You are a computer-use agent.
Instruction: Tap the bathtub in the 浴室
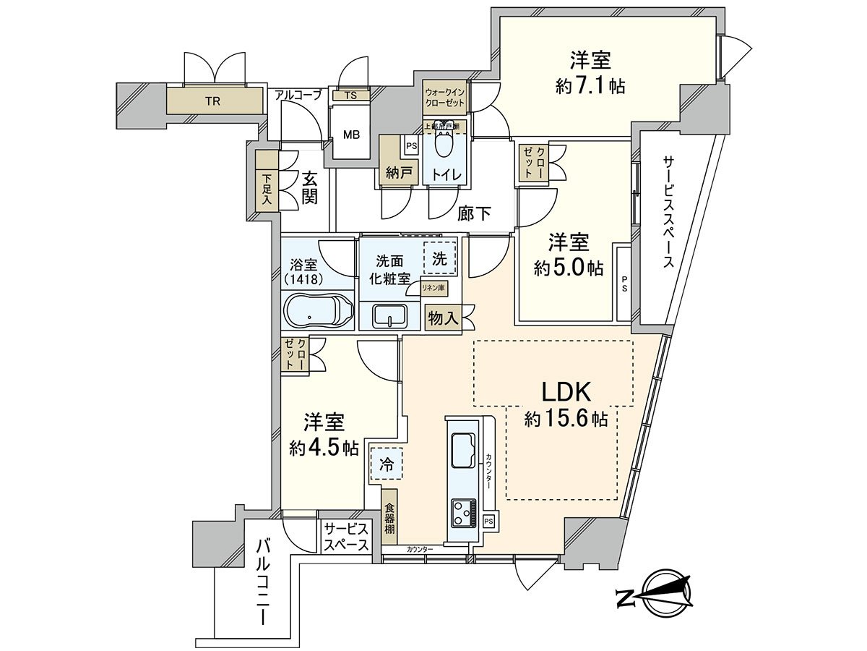[317, 312]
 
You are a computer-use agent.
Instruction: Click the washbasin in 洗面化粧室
[389, 316]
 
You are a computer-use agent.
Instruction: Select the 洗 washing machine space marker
[440, 258]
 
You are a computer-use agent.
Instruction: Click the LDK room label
[567, 393]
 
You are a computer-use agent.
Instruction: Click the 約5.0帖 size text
[568, 268]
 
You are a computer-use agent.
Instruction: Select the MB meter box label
[351, 135]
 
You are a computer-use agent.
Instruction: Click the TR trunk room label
[212, 101]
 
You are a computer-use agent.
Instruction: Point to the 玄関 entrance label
[309, 187]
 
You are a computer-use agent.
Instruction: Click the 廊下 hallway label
[475, 213]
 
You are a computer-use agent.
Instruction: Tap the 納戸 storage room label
[394, 174]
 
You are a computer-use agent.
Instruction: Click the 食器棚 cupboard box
[389, 519]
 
